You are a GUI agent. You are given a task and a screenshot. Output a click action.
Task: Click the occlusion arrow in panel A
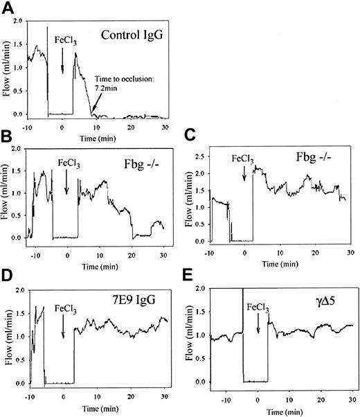coord(94,105)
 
